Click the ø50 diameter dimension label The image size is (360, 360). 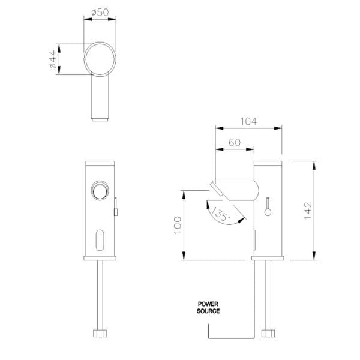point(100,13)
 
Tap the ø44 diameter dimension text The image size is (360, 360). point(53,59)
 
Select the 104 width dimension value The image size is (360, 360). point(248,121)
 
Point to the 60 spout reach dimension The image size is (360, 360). point(235,143)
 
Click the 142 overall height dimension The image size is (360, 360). point(308,211)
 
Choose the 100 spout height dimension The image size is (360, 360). point(178,225)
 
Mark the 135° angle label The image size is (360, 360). point(220,214)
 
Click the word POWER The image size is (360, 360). point(208,304)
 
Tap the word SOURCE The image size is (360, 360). point(208,311)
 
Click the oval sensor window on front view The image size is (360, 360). point(100,240)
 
